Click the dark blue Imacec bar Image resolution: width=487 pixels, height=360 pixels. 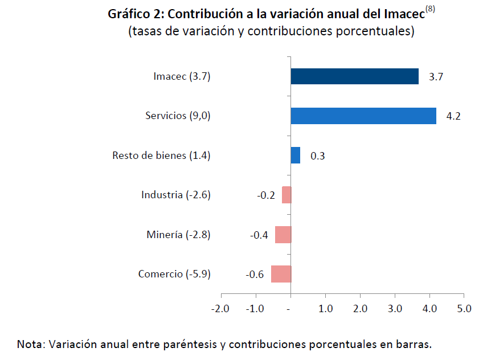354,76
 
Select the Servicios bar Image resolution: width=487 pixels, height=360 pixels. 363,116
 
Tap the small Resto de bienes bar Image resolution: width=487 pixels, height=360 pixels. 295,155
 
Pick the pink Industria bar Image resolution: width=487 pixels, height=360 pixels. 287,195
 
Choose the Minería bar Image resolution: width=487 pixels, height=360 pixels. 283,235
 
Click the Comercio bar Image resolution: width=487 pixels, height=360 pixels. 281,274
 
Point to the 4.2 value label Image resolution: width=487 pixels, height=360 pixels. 453,116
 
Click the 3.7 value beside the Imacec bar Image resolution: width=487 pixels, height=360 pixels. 436,77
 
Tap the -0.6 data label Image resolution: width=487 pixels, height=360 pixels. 255,275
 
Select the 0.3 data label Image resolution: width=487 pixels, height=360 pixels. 318,156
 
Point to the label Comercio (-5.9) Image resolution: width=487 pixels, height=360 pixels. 174,274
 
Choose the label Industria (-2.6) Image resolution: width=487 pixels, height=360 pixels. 176,195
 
